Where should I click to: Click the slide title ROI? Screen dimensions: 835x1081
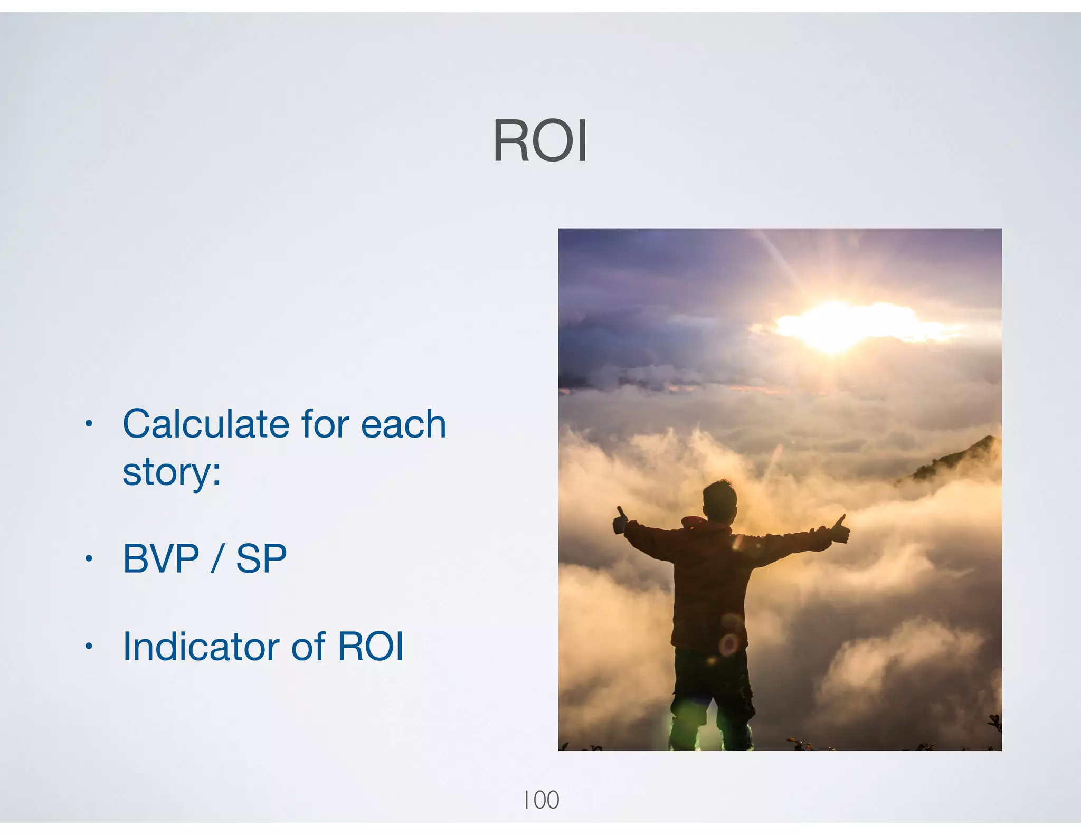click(x=539, y=141)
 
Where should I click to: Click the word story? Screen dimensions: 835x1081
click(x=172, y=472)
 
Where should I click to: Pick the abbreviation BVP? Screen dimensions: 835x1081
click(x=161, y=558)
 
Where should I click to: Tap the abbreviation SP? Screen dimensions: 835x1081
click(x=261, y=558)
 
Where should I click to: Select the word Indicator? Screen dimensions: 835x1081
click(x=202, y=646)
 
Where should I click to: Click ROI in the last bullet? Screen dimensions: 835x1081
click(x=371, y=646)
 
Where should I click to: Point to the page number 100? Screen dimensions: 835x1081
click(x=541, y=800)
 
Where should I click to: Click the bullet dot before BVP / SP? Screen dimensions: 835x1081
click(x=89, y=558)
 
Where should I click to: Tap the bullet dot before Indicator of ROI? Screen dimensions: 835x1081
click(x=89, y=646)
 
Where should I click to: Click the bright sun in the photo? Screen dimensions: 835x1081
click(x=837, y=325)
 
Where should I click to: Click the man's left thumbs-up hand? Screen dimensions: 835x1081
click(x=620, y=521)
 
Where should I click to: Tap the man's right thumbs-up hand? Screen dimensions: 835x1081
click(x=840, y=529)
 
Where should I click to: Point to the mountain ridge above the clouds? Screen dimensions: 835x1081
click(x=955, y=459)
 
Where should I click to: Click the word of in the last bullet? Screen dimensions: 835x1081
click(x=308, y=646)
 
